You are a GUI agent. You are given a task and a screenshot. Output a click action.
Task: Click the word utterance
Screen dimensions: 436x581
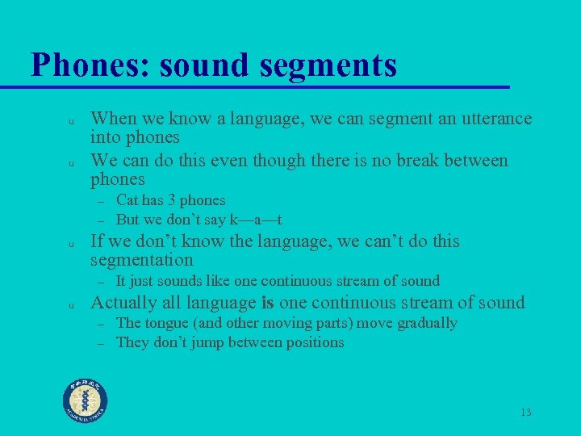point(494,119)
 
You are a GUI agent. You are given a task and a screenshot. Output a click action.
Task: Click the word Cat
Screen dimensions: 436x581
point(127,199)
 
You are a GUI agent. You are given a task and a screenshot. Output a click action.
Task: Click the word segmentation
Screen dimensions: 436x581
point(142,260)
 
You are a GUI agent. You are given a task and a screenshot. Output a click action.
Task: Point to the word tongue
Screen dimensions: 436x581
point(167,323)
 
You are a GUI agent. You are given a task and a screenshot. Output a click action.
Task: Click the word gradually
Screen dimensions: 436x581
point(426,323)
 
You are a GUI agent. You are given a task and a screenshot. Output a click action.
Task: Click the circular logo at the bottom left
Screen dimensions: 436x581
point(86,399)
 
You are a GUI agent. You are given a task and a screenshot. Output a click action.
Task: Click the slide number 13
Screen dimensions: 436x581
point(525,413)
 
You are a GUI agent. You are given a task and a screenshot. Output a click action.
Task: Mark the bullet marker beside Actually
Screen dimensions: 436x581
point(71,305)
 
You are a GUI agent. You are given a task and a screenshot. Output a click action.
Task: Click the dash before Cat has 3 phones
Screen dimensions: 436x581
point(102,200)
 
